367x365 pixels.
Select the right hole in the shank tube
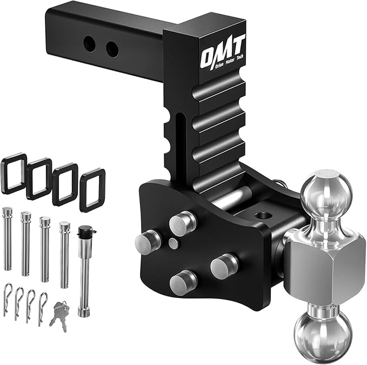pyautogui.click(x=111, y=50)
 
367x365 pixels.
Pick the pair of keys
pyautogui.click(x=59, y=313)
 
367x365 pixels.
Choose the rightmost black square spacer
pyautogui.click(x=92, y=190)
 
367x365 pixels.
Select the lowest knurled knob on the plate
pyautogui.click(x=183, y=281)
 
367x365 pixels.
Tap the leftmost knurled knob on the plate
pyautogui.click(x=147, y=242)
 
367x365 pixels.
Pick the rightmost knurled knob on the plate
pyautogui.click(x=223, y=266)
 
